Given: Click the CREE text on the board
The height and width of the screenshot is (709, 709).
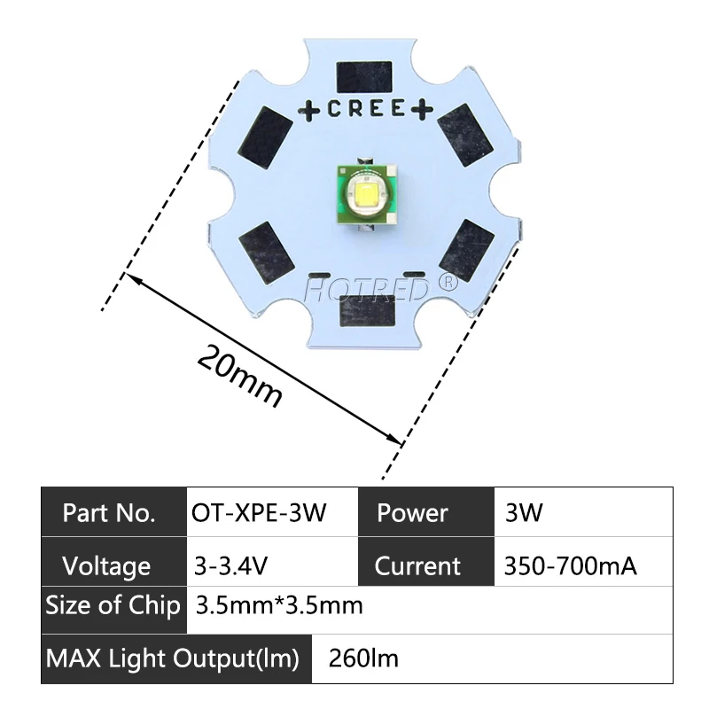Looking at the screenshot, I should point(366,110).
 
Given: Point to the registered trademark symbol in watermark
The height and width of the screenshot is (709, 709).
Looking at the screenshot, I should point(448,283).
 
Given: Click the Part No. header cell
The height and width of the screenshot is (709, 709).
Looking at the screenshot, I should point(110,513).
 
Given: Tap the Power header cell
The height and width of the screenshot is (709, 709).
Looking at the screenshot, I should point(412,513).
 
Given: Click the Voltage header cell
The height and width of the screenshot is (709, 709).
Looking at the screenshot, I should point(106,565).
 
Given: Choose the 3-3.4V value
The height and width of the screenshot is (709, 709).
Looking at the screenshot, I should point(233,565).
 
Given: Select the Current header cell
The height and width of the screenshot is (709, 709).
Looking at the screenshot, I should point(417,565).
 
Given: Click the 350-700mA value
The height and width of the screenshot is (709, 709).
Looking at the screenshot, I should point(569,565).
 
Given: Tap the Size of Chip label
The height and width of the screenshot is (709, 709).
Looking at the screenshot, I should point(113,607).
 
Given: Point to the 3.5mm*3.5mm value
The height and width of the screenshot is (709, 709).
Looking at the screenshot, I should point(278,607).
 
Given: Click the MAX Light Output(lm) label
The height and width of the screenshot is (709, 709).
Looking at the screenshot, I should point(173,658).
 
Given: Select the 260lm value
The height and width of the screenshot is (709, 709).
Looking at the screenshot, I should point(363,658).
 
